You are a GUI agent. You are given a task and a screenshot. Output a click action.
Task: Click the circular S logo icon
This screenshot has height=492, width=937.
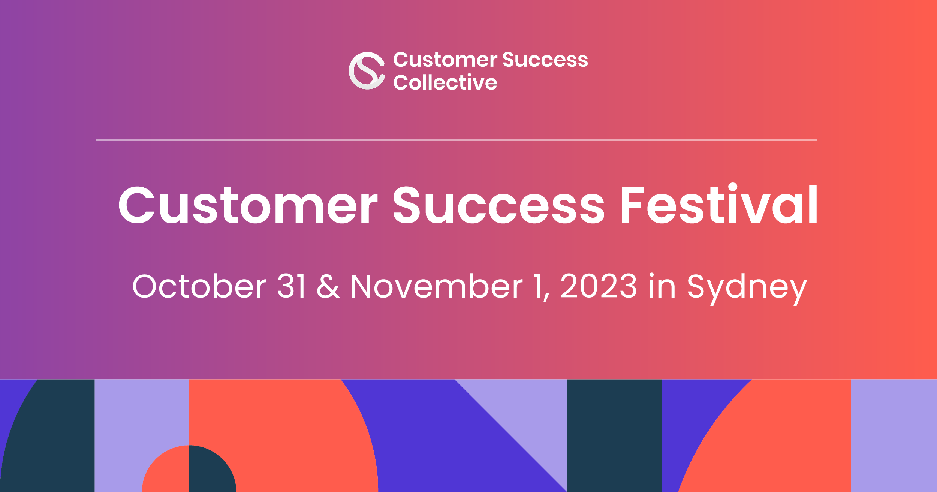pyautogui.click(x=367, y=71)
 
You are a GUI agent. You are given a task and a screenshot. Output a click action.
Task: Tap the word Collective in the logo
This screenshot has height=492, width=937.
pyautogui.click(x=445, y=82)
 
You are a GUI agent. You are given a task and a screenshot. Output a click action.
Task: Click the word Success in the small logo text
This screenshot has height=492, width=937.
pyautogui.click(x=545, y=60)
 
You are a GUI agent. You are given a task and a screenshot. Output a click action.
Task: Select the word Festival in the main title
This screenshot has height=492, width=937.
pyautogui.click(x=719, y=205)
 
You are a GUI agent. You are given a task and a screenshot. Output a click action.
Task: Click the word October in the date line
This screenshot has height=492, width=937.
pyautogui.click(x=199, y=286)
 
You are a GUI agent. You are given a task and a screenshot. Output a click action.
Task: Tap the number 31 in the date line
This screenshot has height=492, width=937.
pyautogui.click(x=291, y=286)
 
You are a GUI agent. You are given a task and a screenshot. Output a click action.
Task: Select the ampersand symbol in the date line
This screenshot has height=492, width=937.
pyautogui.click(x=328, y=286)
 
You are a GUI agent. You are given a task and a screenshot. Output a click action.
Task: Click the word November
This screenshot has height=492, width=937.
pyautogui.click(x=436, y=286)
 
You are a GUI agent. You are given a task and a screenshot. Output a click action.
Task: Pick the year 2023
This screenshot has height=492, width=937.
pyautogui.click(x=599, y=286)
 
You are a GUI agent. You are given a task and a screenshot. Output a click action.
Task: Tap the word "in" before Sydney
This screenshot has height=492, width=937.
pyautogui.click(x=662, y=286)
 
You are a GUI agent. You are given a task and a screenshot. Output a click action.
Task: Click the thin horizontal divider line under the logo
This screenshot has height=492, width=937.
pyautogui.click(x=456, y=140)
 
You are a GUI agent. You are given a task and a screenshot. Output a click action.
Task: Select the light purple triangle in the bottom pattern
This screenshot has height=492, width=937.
pyautogui.click(x=528, y=416)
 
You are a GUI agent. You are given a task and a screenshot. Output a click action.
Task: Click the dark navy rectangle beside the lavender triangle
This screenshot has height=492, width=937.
pyautogui.click(x=615, y=436)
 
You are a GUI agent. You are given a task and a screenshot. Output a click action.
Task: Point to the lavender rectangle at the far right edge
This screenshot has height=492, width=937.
pyautogui.click(x=894, y=436)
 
